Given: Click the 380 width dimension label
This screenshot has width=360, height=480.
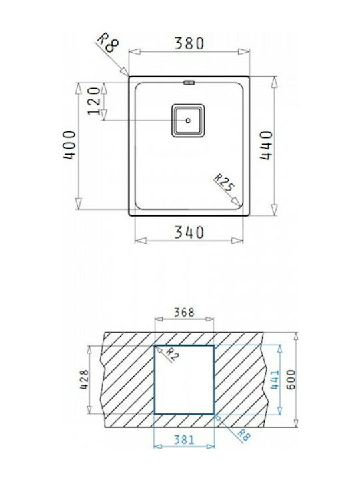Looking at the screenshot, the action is click(189, 43).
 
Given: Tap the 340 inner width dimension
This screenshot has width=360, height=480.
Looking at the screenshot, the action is click(189, 233).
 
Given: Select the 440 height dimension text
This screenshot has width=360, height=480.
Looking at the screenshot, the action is click(266, 145).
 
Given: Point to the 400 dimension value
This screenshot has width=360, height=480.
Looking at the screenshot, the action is click(69, 145).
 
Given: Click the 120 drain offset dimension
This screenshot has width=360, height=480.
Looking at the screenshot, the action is click(94, 101).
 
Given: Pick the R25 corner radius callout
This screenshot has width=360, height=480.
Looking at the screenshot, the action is click(224, 183).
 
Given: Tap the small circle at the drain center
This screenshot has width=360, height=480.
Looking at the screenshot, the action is click(188, 120).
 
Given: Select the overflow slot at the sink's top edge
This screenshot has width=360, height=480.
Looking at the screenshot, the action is click(189, 83).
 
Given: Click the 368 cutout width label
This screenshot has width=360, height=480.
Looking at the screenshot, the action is click(184, 313).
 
